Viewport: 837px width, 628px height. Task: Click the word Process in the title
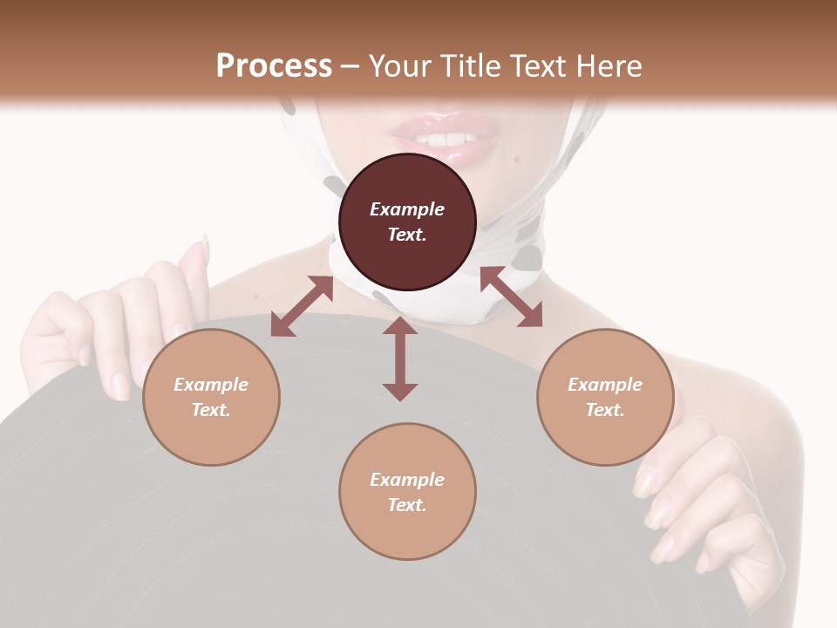click(x=274, y=65)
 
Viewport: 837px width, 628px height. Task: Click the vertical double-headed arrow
click(x=400, y=358)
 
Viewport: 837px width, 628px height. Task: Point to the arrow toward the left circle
click(x=302, y=306)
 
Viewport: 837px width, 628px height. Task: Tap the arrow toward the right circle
click(x=511, y=297)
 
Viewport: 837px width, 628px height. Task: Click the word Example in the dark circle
click(x=407, y=209)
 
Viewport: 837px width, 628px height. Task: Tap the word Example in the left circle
click(x=211, y=385)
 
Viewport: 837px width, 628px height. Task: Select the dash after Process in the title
click(x=350, y=66)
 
